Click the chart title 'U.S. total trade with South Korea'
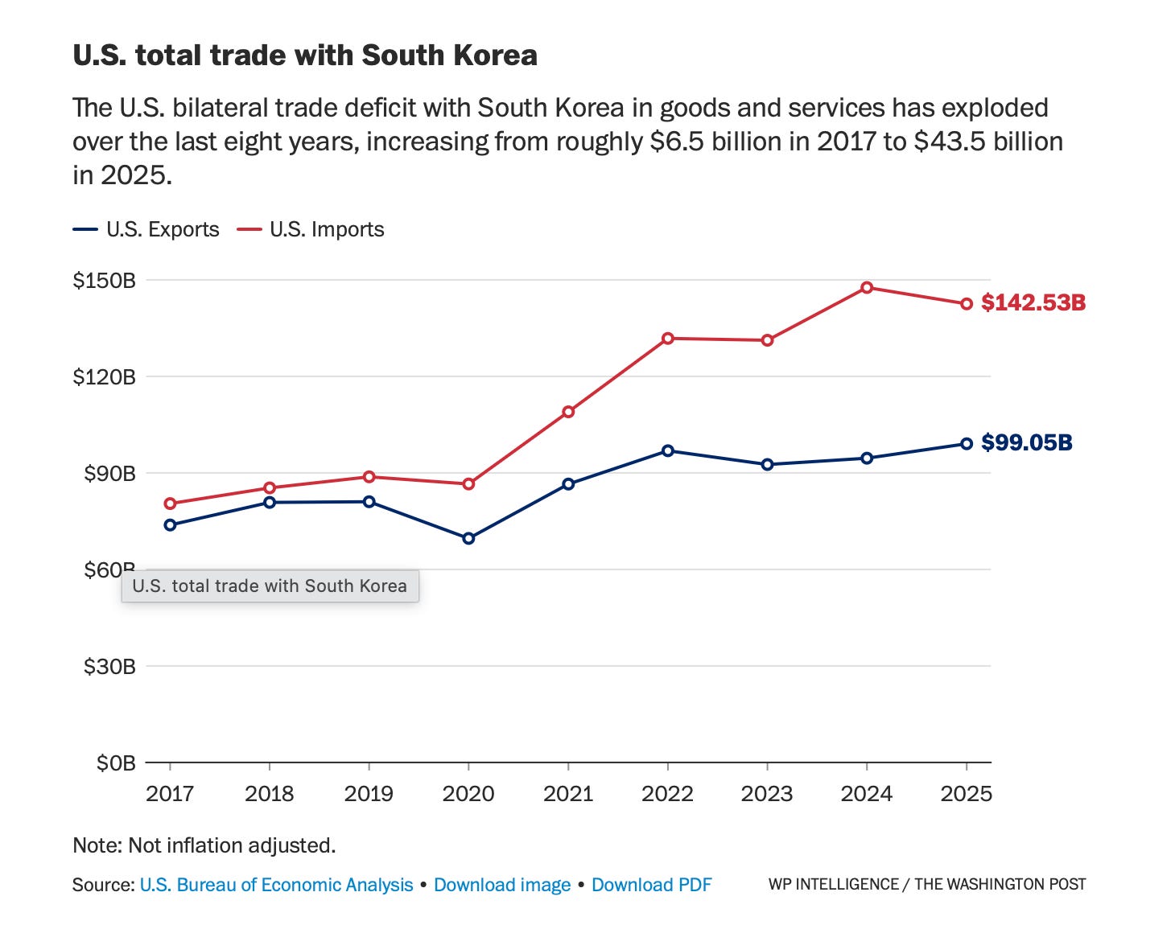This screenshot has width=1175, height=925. (x=305, y=55)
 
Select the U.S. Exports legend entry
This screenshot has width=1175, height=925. (x=146, y=229)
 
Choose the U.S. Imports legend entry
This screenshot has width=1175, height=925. (x=310, y=229)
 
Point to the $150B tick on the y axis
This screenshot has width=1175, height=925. (x=105, y=281)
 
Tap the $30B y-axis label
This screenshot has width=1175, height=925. (x=109, y=666)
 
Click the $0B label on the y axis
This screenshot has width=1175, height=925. (x=116, y=763)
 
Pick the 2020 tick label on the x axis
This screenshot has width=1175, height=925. (x=468, y=794)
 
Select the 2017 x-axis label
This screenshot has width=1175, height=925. (x=170, y=794)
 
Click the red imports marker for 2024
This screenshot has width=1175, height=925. (x=867, y=288)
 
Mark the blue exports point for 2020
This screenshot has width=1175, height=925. (x=468, y=539)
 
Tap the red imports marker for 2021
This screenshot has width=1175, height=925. (x=568, y=412)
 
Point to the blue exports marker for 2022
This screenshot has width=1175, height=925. (x=668, y=450)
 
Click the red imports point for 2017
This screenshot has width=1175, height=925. (x=170, y=504)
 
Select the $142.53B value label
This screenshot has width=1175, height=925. (x=1033, y=303)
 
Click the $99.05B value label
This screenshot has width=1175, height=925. (x=1026, y=442)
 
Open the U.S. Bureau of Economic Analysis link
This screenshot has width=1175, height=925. (x=276, y=885)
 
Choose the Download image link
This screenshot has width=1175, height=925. (x=502, y=885)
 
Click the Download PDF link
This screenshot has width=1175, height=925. (x=652, y=885)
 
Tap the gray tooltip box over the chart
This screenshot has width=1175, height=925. (x=270, y=586)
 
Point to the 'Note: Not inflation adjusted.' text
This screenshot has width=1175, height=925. (x=204, y=845)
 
